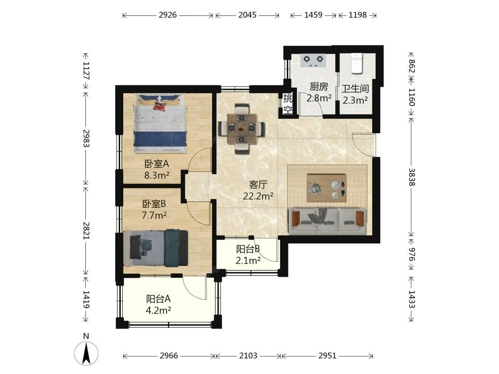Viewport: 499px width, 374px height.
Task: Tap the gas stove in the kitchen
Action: [313, 60]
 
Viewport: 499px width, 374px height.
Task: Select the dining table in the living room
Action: [242, 129]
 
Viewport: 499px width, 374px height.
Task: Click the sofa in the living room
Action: [328, 221]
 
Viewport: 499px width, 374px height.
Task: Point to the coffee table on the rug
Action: [327, 187]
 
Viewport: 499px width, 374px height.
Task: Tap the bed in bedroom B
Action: [156, 248]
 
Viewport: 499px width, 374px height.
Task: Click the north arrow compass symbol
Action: [86, 353]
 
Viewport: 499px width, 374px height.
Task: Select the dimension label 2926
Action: [168, 15]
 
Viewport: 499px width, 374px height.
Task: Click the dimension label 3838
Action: [412, 177]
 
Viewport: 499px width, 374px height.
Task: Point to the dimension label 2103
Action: [248, 356]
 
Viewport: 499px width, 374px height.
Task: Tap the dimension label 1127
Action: [86, 70]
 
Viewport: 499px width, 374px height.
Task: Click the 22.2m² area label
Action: [258, 196]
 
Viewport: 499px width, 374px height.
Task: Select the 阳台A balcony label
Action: [159, 299]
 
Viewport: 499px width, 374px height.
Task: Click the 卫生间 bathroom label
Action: [355, 88]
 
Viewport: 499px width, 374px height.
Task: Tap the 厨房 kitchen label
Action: [319, 86]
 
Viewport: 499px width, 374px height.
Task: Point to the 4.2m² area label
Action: [159, 310]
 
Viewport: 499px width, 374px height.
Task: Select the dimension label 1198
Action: [358, 15]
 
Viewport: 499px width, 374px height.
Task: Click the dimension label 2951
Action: [327, 356]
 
